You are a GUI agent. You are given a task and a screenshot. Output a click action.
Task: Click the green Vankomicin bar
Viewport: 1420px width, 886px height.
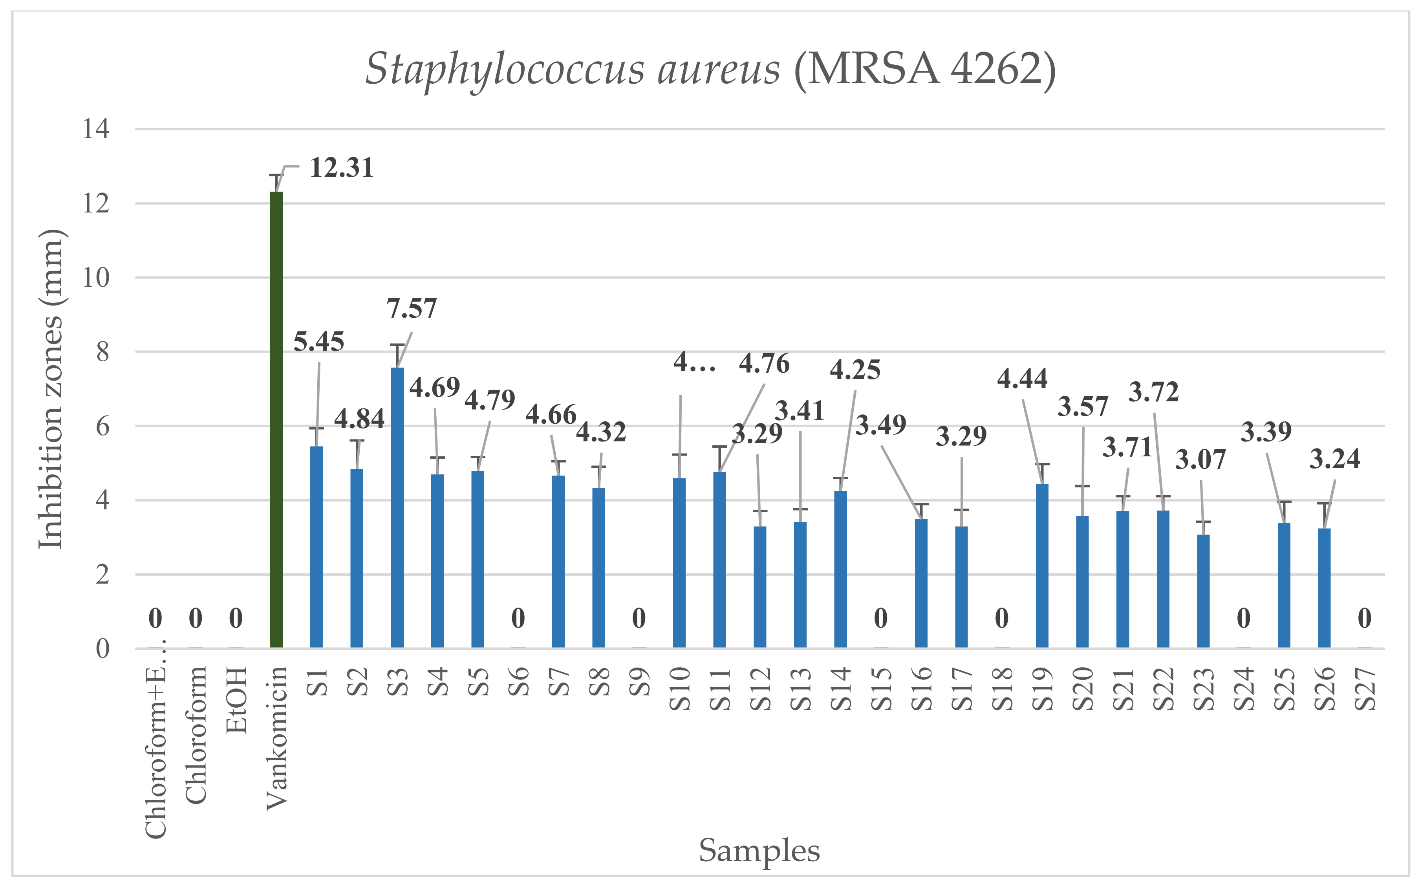tap(276, 419)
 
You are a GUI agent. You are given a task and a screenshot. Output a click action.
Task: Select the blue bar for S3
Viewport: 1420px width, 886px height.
tap(397, 507)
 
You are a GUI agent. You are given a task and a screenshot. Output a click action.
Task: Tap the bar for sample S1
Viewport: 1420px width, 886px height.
tap(317, 546)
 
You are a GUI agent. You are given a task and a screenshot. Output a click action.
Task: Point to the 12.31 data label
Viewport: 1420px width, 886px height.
tap(342, 168)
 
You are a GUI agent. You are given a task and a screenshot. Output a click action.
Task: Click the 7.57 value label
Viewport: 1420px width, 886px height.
tap(412, 309)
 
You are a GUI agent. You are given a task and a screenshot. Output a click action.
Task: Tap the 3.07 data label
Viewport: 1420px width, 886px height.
tap(1200, 460)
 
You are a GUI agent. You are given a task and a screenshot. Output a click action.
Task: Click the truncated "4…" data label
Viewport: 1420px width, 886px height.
tap(694, 363)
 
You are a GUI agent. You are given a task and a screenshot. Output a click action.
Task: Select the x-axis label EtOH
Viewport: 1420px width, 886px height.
tap(237, 700)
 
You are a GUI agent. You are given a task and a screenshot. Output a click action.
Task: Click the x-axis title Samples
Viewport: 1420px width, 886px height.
tap(759, 850)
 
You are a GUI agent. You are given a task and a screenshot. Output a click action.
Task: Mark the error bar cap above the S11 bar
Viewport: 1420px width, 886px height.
tap(720, 447)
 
